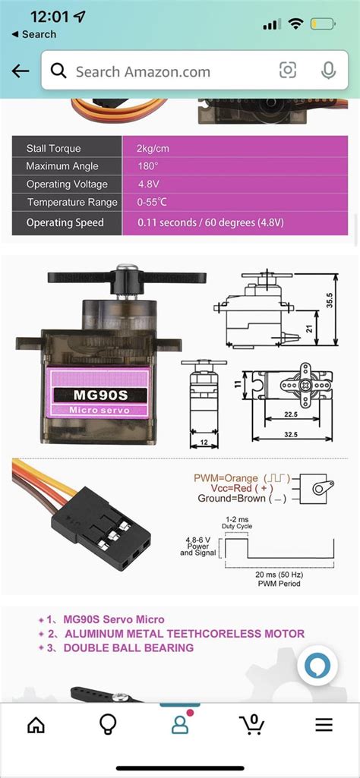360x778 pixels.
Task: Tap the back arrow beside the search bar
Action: point(21,71)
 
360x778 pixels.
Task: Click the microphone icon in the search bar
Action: point(328,71)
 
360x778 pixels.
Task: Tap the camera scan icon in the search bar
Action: point(288,71)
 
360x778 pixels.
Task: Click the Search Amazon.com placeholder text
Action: point(143,71)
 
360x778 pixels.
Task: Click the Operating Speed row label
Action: point(65,222)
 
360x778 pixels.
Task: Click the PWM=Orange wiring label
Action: point(226,479)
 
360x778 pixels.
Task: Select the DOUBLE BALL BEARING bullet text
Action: point(128,647)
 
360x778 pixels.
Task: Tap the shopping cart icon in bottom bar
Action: point(251,725)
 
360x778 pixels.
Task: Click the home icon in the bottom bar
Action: point(36,725)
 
